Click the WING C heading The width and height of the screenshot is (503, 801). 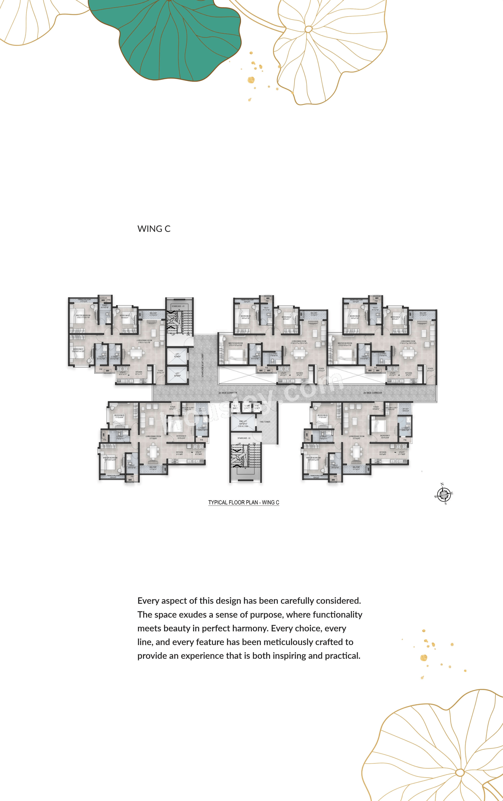[x=154, y=229]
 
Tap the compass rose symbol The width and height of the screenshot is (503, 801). [x=443, y=495]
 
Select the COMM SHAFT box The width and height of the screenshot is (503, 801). [x=247, y=407]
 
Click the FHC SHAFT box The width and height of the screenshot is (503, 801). [x=257, y=407]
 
